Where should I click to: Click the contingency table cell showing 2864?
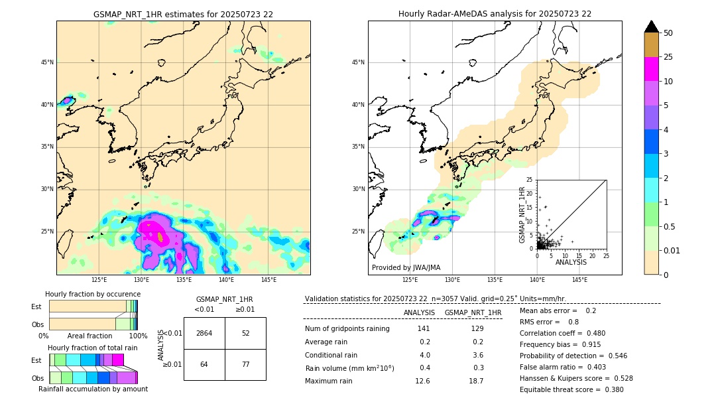coord(204,333)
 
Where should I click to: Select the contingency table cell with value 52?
coord(245,333)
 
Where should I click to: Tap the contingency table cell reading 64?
coord(204,364)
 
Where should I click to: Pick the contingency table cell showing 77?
coord(245,364)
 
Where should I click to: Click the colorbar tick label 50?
coord(668,33)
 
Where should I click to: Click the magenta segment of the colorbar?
coord(652,69)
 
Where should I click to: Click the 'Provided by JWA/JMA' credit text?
coord(406,267)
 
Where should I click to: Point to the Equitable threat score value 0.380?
coord(611,389)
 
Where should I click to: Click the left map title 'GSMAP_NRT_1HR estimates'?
coord(183,14)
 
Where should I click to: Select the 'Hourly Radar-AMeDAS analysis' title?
coord(495,14)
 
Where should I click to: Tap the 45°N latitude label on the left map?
coord(47,62)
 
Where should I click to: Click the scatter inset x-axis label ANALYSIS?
coord(571,262)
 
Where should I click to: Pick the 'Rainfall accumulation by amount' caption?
coord(93,389)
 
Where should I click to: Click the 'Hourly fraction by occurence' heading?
coord(93,294)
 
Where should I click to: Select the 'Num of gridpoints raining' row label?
coord(347,328)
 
